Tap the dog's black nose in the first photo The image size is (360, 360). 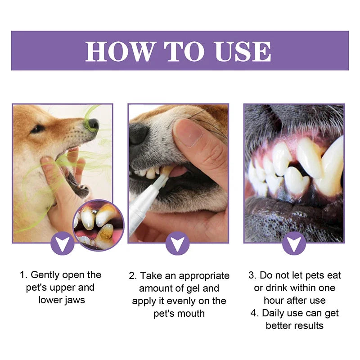[93, 124]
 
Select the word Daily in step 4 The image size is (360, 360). [278, 313]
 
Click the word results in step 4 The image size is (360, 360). [309, 325]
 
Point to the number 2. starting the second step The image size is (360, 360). [133, 275]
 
